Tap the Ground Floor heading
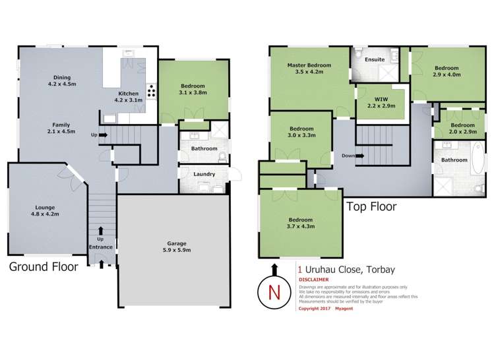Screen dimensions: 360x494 pos(43,267)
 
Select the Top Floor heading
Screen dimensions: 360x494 pos(372,206)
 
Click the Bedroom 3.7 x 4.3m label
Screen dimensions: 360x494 pos(300,223)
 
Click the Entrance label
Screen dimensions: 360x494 pos(101,247)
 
